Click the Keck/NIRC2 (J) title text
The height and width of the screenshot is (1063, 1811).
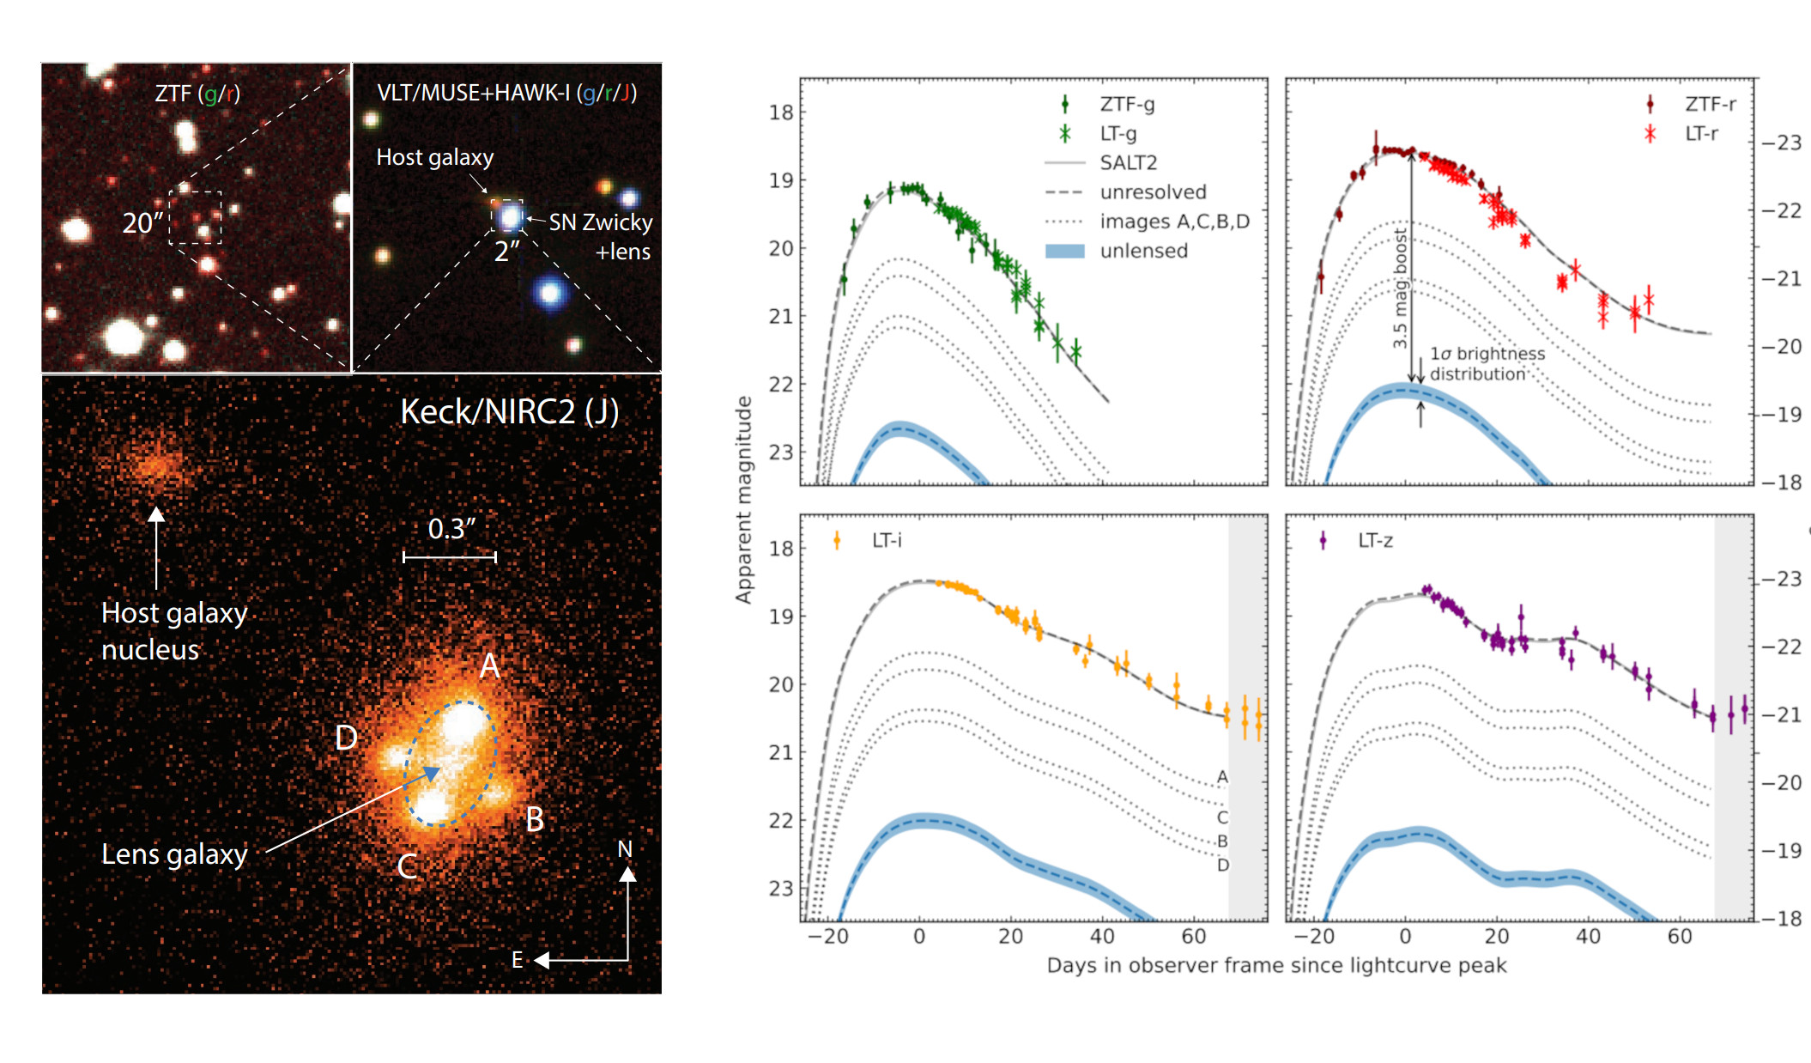(509, 412)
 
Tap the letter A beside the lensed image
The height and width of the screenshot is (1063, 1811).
(489, 665)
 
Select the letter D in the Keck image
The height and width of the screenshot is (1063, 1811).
(346, 738)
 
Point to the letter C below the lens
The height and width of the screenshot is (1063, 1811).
(407, 867)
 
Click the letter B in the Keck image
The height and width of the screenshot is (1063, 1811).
(535, 820)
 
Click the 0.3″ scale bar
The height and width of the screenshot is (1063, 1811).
(450, 557)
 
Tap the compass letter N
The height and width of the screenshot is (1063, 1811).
(625, 849)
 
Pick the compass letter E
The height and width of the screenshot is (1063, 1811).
(518, 960)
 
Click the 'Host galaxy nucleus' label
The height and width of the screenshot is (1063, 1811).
(174, 631)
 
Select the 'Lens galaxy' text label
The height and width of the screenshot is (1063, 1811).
(174, 854)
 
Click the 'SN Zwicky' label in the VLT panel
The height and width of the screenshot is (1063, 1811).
(601, 222)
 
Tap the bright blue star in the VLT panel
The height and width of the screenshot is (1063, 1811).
(549, 294)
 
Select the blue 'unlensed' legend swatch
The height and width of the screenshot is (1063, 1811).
(1064, 251)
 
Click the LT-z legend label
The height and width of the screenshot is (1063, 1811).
(1375, 540)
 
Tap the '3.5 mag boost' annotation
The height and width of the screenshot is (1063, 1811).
(1400, 288)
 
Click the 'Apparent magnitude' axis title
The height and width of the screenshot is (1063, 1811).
(743, 500)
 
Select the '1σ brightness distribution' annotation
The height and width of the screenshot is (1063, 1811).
(1487, 363)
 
